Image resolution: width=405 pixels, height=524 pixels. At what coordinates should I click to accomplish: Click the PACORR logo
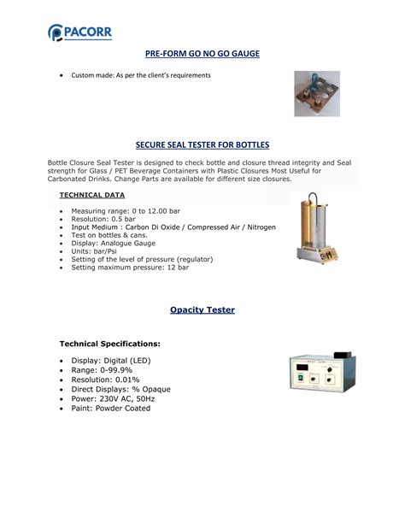[79, 32]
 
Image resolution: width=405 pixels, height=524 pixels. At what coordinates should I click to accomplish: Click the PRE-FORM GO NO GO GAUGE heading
[202, 54]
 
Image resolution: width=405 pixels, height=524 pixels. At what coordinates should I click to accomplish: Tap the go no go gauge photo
[317, 93]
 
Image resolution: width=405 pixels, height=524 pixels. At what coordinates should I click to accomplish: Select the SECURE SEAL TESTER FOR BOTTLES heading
[202, 145]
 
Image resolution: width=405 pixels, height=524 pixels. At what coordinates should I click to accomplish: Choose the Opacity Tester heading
[202, 309]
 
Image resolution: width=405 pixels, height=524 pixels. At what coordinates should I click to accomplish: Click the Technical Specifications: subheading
[109, 343]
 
